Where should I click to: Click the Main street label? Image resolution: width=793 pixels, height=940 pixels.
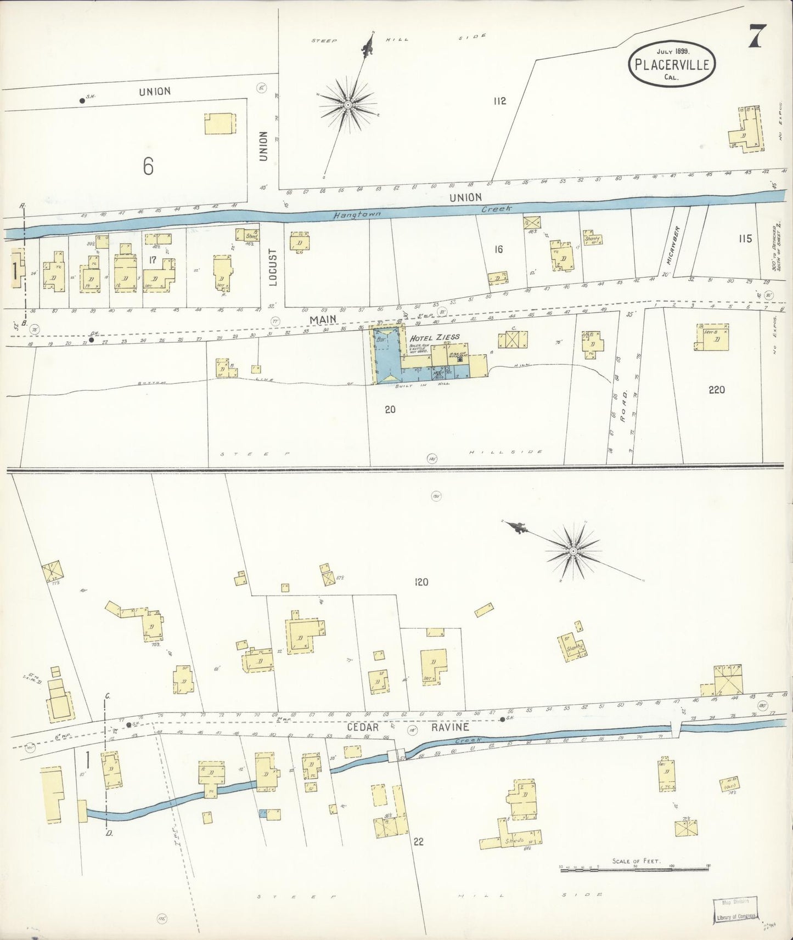(322, 319)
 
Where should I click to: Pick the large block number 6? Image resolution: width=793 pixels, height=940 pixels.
(148, 166)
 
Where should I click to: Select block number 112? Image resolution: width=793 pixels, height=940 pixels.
(499, 101)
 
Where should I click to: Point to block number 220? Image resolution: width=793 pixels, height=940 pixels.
(716, 390)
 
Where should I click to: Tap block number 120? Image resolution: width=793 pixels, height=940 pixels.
(421, 582)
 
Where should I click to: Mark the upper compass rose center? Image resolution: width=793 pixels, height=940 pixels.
(348, 104)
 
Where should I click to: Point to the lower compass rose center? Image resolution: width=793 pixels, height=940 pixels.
(573, 551)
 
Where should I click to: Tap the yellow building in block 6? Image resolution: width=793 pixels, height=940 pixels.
(220, 124)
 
